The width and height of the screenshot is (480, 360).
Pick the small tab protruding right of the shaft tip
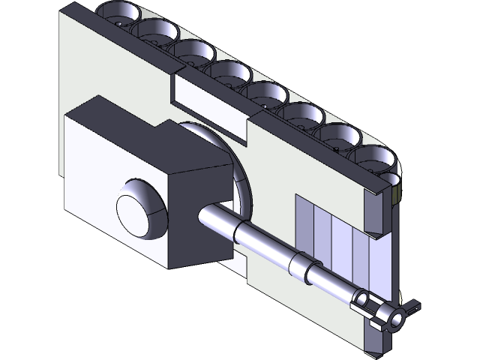(x=412, y=307)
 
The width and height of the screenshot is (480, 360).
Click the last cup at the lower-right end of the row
(x=375, y=157)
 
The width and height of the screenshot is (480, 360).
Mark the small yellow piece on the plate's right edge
(x=397, y=195)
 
